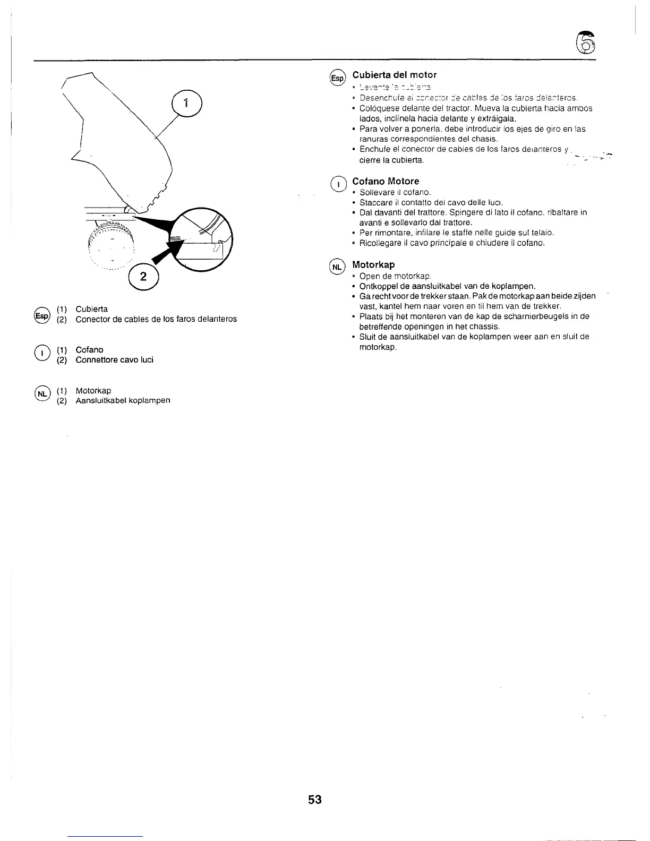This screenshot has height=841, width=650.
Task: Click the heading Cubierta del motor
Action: (394, 75)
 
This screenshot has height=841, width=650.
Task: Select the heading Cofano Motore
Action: (386, 181)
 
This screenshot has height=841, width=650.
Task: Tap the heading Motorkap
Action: (373, 264)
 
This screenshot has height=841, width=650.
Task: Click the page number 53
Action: (315, 800)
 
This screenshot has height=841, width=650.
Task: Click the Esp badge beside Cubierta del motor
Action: (337, 78)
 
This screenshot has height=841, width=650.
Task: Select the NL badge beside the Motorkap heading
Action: (337, 266)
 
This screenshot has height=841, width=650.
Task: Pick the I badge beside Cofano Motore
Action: (337, 184)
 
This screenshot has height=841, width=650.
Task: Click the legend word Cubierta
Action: (91, 309)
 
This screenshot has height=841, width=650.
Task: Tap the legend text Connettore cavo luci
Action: (114, 360)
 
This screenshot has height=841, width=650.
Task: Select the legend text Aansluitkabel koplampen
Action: (123, 400)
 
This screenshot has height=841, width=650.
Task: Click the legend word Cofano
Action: (89, 350)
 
